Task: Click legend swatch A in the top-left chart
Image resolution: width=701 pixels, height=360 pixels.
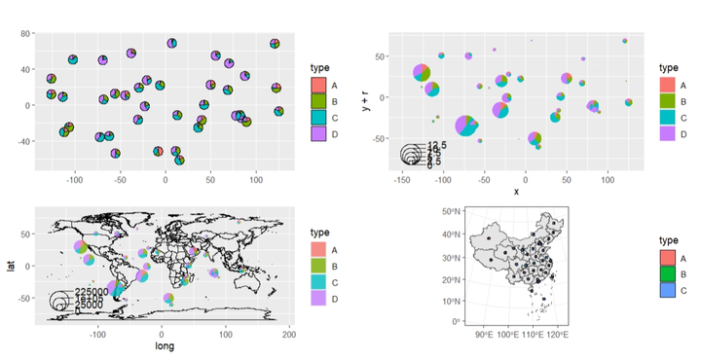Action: [x=318, y=86]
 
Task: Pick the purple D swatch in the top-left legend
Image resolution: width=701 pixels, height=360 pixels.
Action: [x=318, y=134]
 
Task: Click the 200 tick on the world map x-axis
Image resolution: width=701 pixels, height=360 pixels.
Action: [x=288, y=334]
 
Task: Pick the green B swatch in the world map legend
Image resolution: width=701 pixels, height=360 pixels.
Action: [x=318, y=266]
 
